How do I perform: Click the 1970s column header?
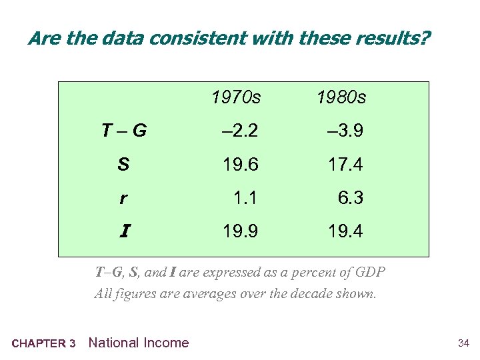pos(236,98)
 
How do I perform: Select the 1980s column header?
pos(341,98)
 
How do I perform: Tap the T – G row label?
pos(124,131)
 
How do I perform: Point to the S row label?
pos(123,164)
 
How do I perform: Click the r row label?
pos(123,198)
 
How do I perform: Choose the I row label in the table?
pos(124,231)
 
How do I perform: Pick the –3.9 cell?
pos(345,131)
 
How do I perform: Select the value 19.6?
pos(241,164)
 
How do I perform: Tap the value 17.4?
pos(345,164)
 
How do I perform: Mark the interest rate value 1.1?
pos(245,198)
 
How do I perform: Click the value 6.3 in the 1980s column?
pos(350,198)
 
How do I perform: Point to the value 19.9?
pos(241,231)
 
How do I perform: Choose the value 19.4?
pos(345,231)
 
